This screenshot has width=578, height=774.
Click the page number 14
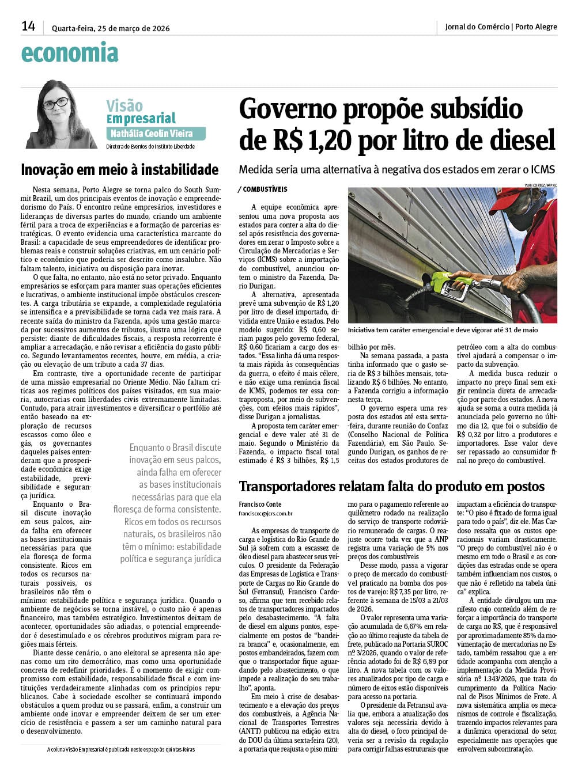click(x=28, y=26)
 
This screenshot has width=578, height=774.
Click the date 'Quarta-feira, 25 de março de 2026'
click(x=111, y=28)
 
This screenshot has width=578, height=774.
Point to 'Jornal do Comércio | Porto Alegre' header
click(x=501, y=26)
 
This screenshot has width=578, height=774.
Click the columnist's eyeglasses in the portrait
click(x=56, y=103)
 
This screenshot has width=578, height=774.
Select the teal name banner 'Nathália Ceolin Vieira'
click(x=156, y=134)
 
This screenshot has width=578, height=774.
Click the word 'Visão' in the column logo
click(x=124, y=105)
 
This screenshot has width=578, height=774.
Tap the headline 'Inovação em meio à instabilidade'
click(x=119, y=170)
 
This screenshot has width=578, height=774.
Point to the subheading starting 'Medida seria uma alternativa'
click(x=396, y=169)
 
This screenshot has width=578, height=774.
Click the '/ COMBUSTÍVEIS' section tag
click(x=262, y=189)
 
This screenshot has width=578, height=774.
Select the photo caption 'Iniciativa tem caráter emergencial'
click(x=443, y=330)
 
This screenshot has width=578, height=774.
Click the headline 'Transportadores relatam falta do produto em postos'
click(x=391, y=487)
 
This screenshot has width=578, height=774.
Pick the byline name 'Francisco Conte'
click(x=259, y=504)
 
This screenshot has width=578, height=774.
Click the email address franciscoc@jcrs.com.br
click(x=265, y=513)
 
